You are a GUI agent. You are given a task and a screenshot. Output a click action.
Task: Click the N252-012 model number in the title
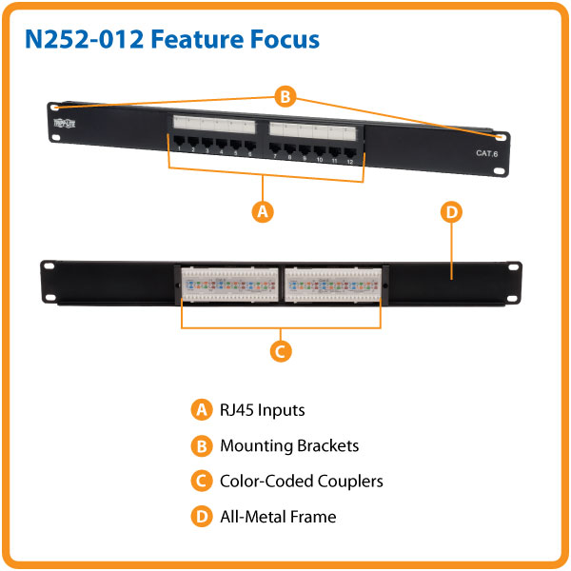coord(83,40)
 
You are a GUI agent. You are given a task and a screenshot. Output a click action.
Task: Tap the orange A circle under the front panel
coord(264,211)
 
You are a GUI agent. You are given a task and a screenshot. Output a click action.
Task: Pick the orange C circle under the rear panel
coord(280,351)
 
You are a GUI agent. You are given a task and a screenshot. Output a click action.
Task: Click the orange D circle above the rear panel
coord(452,211)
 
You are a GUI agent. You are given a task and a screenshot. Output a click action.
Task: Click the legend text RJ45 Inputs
coord(263,410)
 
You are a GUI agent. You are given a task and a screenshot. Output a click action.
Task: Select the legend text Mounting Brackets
coord(289,445)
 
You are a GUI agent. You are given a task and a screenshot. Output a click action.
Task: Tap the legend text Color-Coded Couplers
coord(302,481)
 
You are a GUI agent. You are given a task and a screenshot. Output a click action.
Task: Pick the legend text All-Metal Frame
coord(278,517)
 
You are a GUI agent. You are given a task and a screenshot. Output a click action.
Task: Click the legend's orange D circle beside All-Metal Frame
coord(200,517)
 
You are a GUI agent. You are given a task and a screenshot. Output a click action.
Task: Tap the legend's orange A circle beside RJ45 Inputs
coord(200,410)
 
